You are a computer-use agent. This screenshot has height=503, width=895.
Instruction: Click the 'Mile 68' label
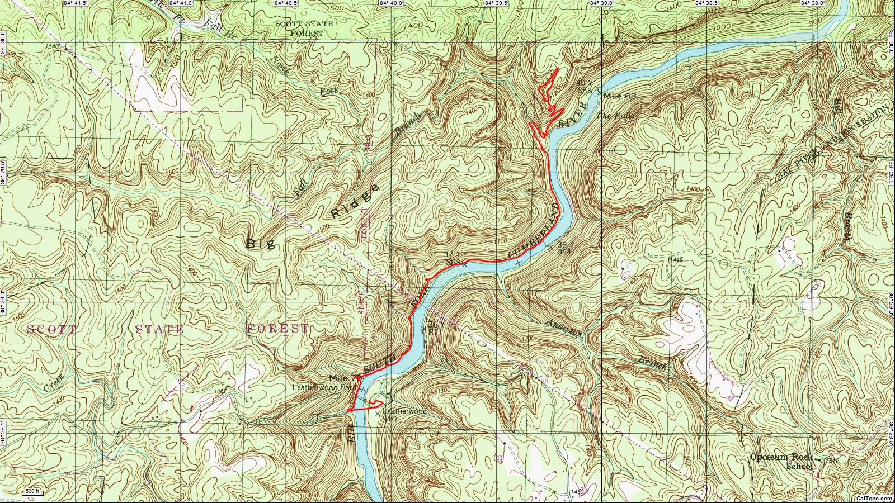(x=620, y=96)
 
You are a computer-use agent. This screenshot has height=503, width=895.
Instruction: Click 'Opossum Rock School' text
(x=782, y=461)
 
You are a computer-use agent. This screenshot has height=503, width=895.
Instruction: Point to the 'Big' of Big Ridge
(x=261, y=243)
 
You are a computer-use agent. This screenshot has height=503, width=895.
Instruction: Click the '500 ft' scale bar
(x=32, y=492)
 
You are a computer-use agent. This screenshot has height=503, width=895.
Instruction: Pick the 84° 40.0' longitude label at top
(x=391, y=3)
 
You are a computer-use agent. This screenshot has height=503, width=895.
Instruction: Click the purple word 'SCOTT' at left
(x=52, y=329)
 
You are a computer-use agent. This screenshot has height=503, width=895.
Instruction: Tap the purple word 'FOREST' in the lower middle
(x=277, y=329)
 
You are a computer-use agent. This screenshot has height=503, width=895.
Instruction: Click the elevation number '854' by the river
(x=564, y=252)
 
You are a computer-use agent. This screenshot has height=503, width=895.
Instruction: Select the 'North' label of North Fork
(x=281, y=65)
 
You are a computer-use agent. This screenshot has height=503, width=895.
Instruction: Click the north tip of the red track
(x=559, y=68)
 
